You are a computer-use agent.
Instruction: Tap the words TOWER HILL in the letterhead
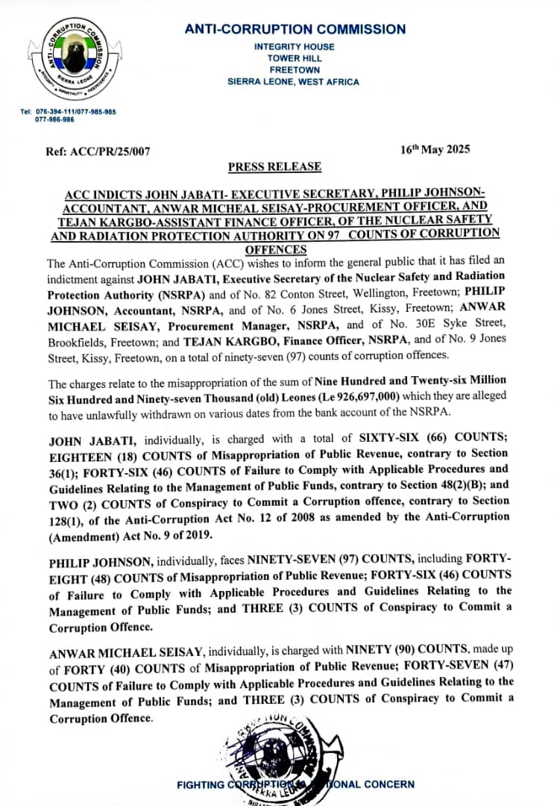click(x=295, y=58)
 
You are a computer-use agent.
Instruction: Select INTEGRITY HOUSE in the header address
click(x=295, y=46)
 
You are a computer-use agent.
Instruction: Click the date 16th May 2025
click(x=435, y=149)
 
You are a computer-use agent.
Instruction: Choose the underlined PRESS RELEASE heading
click(x=274, y=166)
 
